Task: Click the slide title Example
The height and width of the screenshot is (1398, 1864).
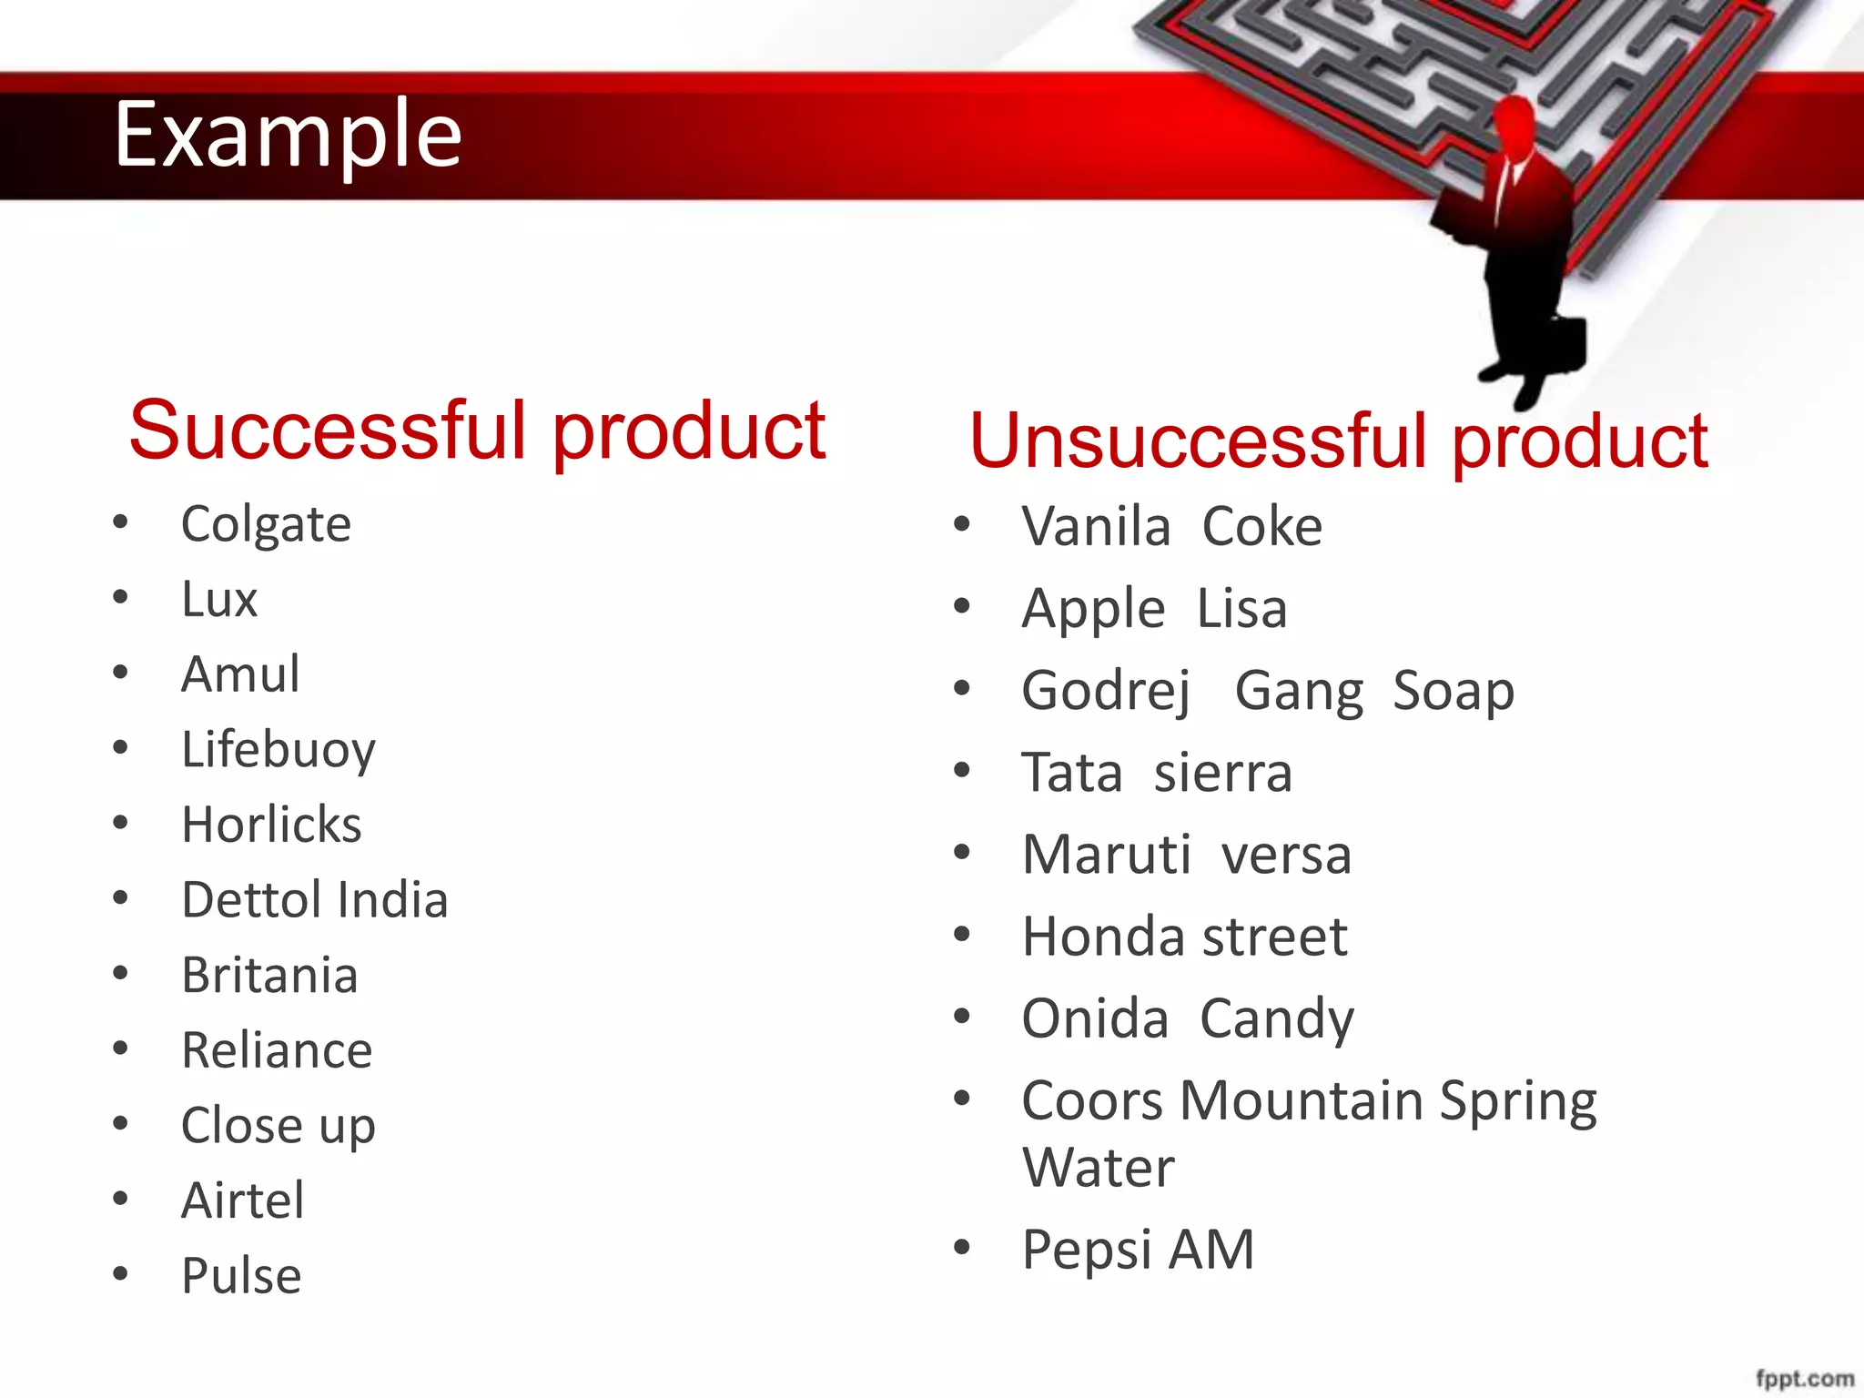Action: point(288,135)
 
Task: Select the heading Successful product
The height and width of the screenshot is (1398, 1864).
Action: point(477,431)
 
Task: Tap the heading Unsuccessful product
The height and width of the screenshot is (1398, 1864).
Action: point(1338,441)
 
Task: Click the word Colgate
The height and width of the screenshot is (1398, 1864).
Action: point(266,525)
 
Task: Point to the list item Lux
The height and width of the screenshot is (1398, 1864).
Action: point(219,600)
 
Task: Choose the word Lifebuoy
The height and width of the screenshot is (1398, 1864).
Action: point(279,751)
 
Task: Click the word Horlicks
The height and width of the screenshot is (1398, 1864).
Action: point(271,826)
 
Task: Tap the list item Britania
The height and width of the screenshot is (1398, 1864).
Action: point(269,976)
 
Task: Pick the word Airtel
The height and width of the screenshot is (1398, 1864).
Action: point(242,1200)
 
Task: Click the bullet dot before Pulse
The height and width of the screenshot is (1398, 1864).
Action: point(120,1273)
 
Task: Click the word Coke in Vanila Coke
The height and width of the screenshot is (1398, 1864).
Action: point(1261,527)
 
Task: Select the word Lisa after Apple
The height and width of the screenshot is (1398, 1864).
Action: point(1241,609)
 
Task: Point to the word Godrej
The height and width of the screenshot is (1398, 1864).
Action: point(1105,692)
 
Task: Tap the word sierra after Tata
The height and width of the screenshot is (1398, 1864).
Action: point(1222,774)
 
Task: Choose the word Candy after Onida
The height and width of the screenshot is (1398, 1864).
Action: point(1276,1019)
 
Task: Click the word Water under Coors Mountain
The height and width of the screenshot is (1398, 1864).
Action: point(1099,1168)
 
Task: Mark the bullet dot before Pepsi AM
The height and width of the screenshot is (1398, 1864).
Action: point(962,1247)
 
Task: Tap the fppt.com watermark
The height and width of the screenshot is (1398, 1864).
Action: point(1804,1379)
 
